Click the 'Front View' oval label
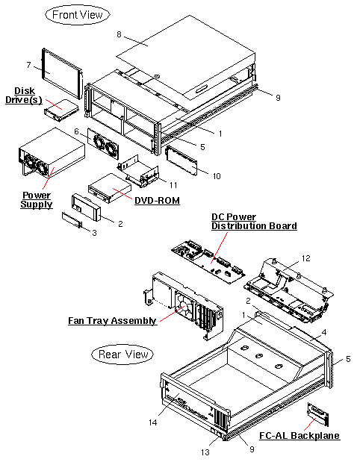click(78, 15)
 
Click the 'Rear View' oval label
click(122, 354)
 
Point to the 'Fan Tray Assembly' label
click(113, 321)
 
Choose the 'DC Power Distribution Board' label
click(253, 221)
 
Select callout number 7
click(28, 64)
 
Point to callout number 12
click(305, 257)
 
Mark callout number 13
click(205, 452)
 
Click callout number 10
click(217, 176)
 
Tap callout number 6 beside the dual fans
click(76, 131)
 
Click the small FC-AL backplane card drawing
click(317, 414)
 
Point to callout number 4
click(324, 332)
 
